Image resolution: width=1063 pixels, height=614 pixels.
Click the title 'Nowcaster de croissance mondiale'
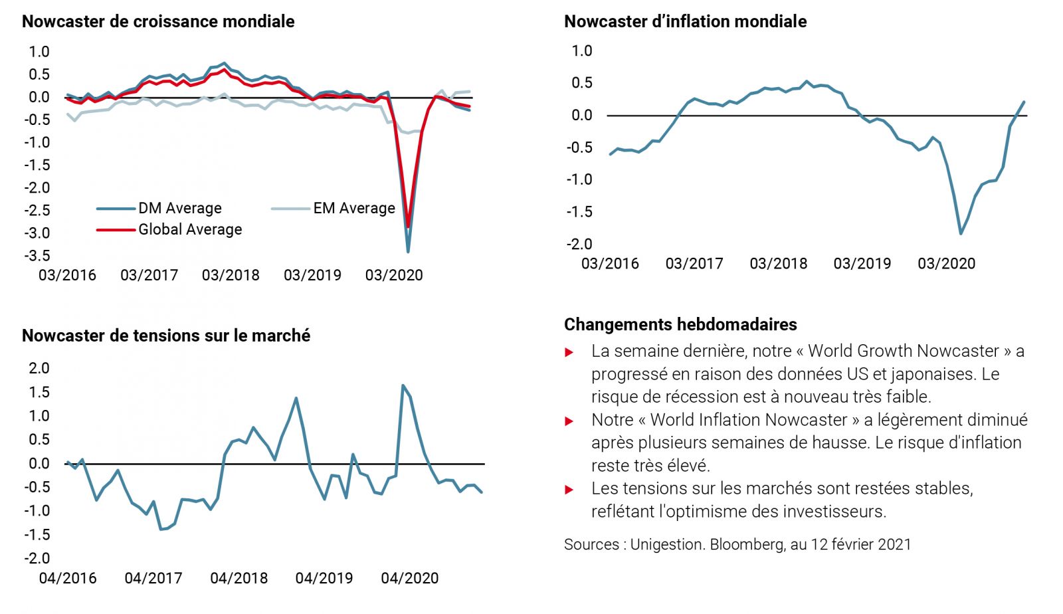(158, 21)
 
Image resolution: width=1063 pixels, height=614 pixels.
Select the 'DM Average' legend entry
(179, 209)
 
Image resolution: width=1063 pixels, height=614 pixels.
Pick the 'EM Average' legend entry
(353, 209)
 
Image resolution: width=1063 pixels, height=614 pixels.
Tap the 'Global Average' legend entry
(190, 230)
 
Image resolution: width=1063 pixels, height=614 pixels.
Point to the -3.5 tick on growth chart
(37, 256)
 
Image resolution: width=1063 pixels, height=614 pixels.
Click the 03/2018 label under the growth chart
(231, 275)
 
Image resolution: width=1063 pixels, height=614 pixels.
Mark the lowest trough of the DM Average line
(407, 252)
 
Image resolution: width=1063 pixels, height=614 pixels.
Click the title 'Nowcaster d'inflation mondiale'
(685, 21)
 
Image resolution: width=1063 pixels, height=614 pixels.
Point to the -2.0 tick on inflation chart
(579, 245)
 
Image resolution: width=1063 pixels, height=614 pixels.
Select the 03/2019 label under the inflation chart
(862, 264)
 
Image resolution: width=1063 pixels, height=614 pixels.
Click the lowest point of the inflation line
(961, 234)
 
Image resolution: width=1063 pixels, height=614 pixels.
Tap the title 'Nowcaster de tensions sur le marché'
(166, 336)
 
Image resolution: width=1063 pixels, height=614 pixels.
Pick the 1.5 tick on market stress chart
(38, 392)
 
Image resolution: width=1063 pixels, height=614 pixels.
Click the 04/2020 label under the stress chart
(409, 578)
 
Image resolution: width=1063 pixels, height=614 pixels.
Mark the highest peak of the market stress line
(403, 385)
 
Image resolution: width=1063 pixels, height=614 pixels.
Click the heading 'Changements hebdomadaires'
(680, 324)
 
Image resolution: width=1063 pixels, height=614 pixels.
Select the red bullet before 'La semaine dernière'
(569, 352)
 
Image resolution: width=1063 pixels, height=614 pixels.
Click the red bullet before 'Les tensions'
(569, 490)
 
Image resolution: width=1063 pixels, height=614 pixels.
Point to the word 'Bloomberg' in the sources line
(747, 545)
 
